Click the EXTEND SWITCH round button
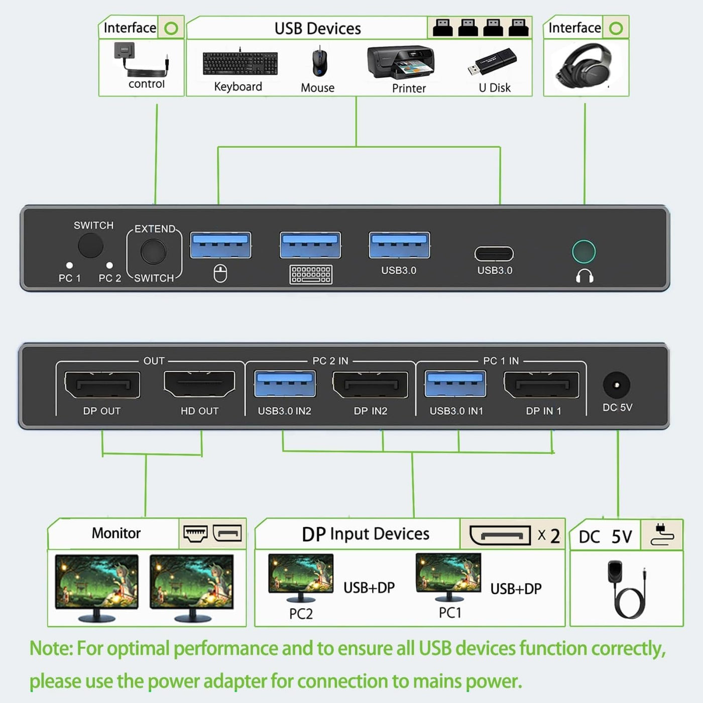(x=154, y=252)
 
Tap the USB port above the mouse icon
(x=221, y=245)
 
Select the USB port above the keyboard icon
(x=310, y=245)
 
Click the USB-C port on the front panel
(x=494, y=254)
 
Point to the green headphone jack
(x=583, y=252)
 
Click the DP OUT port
(x=102, y=385)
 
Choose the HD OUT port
(x=199, y=384)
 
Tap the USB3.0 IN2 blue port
(x=285, y=384)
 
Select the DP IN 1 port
(x=541, y=385)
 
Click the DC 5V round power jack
(x=617, y=385)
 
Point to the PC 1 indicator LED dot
(x=69, y=265)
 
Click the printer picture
(x=401, y=62)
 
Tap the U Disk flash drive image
(x=492, y=61)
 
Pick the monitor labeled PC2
(x=301, y=577)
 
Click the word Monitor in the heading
(x=116, y=533)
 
